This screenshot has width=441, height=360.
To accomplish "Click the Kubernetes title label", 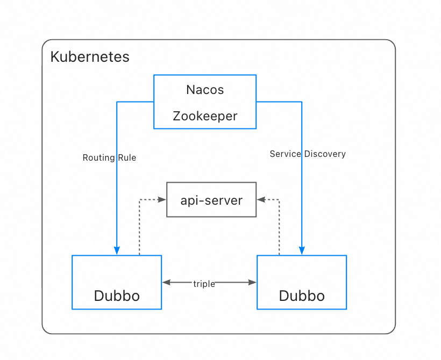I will (x=90, y=57).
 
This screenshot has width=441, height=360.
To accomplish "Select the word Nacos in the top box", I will (x=205, y=90).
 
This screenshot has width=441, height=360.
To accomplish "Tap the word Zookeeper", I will (x=205, y=116).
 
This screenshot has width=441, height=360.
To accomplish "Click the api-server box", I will (x=211, y=200).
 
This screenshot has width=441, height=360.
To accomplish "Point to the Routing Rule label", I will (x=109, y=157).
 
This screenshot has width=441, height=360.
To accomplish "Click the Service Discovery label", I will (x=308, y=154).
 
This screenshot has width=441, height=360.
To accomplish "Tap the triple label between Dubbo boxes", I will (x=204, y=284).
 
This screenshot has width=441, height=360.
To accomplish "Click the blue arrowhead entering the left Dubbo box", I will (x=117, y=251).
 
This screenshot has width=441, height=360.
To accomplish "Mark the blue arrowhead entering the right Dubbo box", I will (x=302, y=251).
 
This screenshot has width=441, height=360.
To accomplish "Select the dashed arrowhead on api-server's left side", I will (x=162, y=199).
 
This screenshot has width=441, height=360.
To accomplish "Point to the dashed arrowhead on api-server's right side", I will (x=261, y=199).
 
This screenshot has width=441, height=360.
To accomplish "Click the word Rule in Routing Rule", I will (x=127, y=157).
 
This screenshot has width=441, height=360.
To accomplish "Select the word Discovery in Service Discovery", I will (x=325, y=154).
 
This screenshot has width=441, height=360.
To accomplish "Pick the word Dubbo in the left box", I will (x=117, y=296).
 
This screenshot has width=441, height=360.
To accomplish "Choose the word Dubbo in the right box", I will (x=302, y=296).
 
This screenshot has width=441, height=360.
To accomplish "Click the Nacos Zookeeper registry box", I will (x=205, y=102).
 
